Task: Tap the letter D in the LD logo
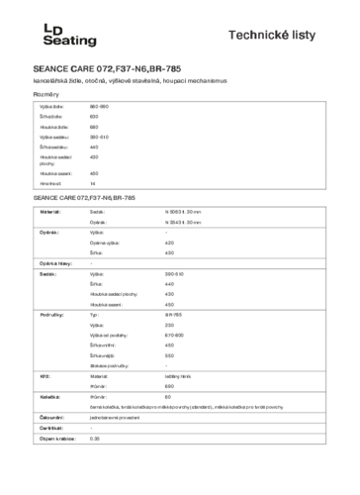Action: (x=58, y=30)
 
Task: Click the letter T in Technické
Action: (x=232, y=36)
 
